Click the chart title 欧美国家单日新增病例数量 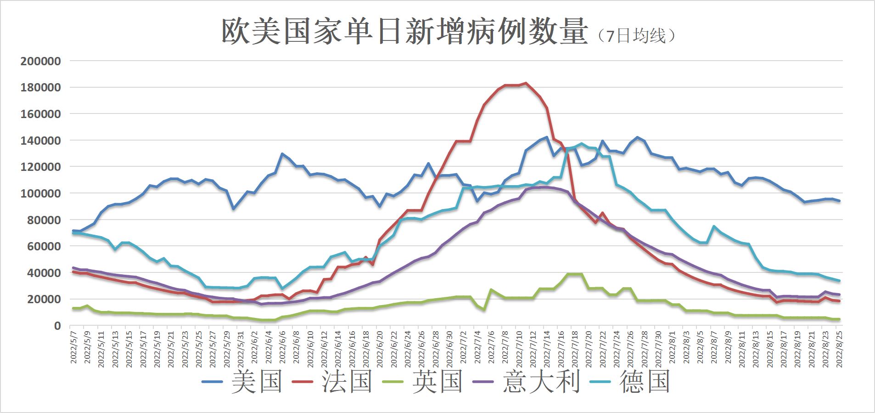coord(404,32)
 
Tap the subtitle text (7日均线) coord(637,36)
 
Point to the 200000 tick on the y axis coord(41,61)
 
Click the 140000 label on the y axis coord(41,141)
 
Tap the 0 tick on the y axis coord(57,326)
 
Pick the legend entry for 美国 coord(242,382)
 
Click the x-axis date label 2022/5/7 coord(73,347)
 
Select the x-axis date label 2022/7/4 coord(477,347)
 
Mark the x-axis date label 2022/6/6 coord(282,347)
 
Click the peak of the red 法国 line coord(526,84)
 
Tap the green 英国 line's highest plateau coord(575,274)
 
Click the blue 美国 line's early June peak coord(282,154)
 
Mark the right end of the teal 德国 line coord(839,281)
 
